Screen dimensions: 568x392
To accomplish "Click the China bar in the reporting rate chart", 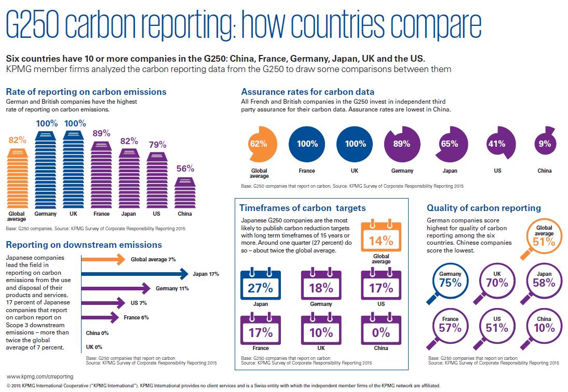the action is point(185,193).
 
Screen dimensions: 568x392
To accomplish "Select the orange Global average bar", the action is point(17,178).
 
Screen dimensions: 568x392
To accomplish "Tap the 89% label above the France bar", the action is point(101,133).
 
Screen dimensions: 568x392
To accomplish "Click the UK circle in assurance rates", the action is point(355,144).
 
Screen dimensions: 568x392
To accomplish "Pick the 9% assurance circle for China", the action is point(545,142).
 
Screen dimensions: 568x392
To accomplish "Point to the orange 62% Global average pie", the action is point(262,144).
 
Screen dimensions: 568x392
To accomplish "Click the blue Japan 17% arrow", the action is point(135,274).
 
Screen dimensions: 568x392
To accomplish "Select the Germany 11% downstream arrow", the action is point(116,288).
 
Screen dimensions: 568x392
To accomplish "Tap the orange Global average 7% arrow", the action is point(103,259).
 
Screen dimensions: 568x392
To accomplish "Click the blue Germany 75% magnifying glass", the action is point(447,284).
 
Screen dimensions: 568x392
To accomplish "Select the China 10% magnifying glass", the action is point(541,329).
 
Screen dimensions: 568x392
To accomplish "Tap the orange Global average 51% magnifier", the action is point(541,239).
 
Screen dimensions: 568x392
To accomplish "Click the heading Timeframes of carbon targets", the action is point(303,208).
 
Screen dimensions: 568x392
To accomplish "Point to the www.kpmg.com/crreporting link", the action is point(40,376).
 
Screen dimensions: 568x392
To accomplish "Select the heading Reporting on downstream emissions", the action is point(84,245).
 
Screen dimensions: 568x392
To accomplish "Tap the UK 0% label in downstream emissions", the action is point(94,347).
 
